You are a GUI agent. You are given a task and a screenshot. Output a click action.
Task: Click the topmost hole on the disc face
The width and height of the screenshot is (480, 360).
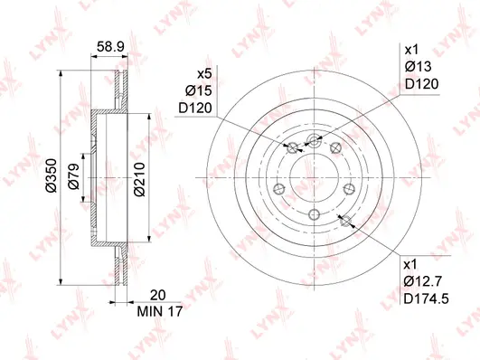[315, 138]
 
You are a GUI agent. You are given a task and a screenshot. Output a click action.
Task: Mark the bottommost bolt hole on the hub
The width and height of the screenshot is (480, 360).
[314, 213]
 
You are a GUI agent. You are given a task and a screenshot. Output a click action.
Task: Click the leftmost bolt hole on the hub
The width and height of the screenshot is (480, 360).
[278, 188]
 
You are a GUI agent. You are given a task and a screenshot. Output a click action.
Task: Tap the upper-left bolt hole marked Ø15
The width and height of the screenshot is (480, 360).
[292, 148]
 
